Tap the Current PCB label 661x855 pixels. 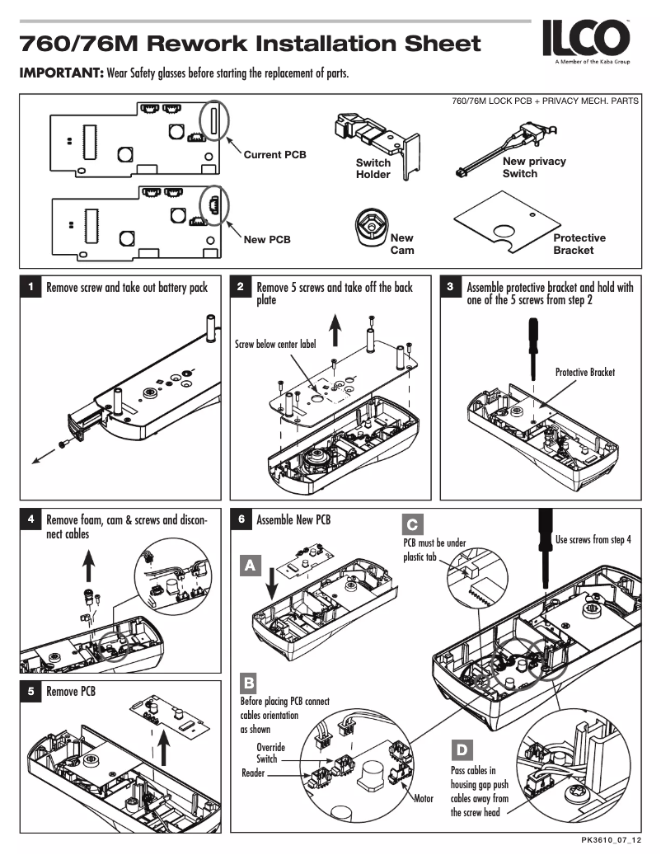(274, 155)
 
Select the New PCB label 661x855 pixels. (267, 240)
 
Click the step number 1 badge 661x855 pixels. (30, 288)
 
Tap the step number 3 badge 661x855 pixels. (451, 288)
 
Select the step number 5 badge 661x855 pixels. (30, 692)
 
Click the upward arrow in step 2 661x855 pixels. (335, 331)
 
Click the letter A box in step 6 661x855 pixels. (250, 566)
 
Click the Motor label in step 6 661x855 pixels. (423, 798)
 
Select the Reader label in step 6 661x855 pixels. (253, 773)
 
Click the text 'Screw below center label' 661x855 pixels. (275, 345)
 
